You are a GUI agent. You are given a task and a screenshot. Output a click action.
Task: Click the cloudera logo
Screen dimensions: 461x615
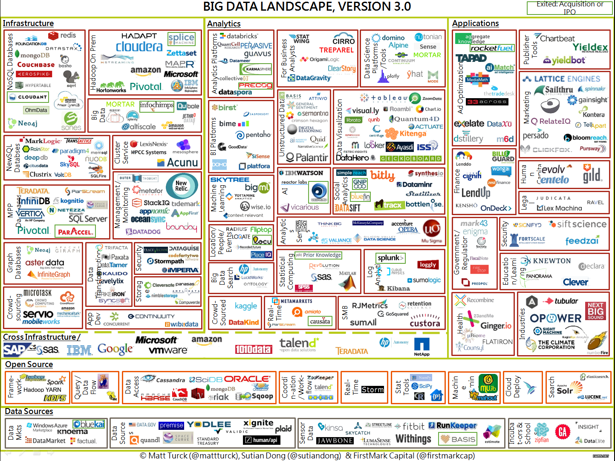[139, 47]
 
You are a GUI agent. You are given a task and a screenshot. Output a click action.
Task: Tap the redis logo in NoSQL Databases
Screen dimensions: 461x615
[62, 35]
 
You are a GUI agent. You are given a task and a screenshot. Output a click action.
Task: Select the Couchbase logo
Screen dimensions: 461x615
[36, 65]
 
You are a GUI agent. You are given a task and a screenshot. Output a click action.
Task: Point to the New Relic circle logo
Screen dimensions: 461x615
[182, 186]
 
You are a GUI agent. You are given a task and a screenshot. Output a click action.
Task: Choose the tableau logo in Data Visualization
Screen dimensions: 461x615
[384, 98]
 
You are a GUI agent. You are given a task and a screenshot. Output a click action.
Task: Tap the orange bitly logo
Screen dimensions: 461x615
[382, 175]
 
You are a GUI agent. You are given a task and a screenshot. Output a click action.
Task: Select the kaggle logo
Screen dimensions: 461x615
[246, 306]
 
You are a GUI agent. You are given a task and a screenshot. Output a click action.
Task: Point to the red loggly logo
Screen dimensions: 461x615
[427, 265]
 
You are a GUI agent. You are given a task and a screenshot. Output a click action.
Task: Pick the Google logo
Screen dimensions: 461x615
[115, 349]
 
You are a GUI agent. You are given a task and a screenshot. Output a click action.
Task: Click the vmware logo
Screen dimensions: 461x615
[168, 350]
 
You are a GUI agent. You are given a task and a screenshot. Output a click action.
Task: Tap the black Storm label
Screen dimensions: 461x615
[372, 390]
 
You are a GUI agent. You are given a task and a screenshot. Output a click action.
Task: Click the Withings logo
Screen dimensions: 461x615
[413, 439]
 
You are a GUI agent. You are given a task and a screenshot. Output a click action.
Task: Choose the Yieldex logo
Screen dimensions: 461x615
[590, 47]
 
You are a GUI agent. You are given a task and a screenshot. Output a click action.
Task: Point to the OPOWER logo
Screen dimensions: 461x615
[555, 318]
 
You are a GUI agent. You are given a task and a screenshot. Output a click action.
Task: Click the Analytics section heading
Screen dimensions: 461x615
[224, 24]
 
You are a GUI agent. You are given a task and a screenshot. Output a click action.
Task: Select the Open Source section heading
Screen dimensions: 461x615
[29, 365]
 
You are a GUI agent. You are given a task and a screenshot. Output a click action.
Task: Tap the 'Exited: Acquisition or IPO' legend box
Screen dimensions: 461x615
[569, 8]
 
